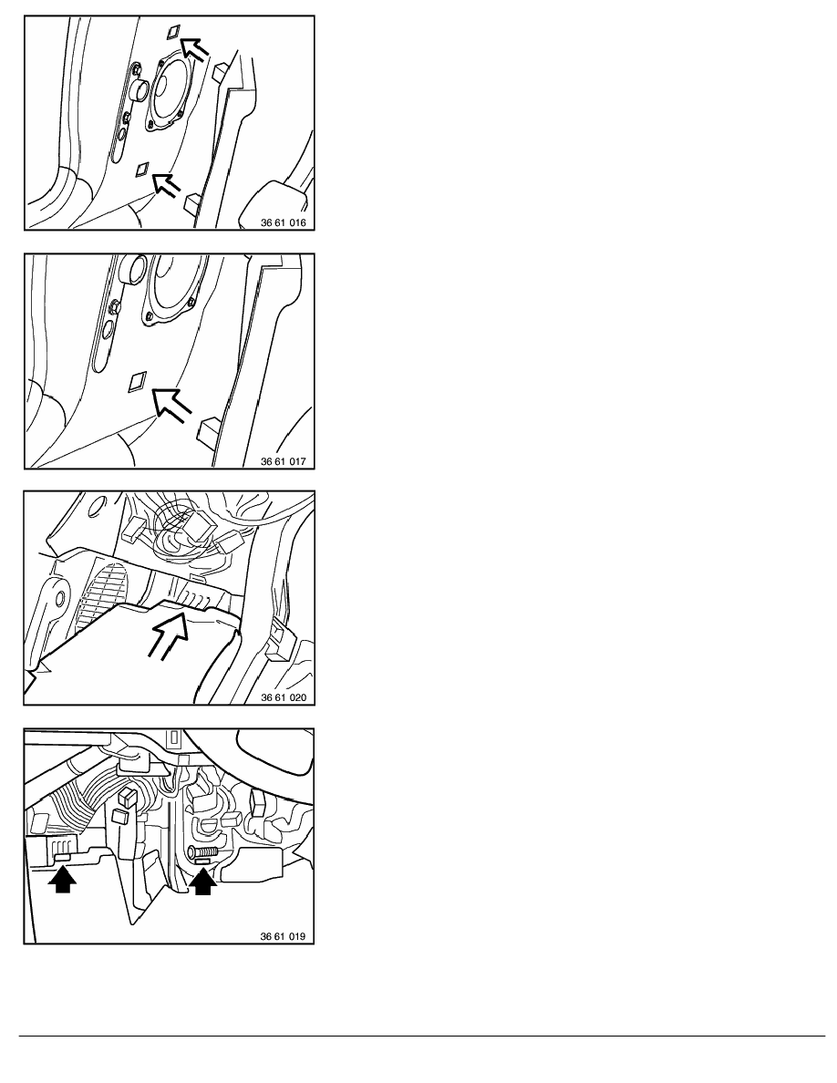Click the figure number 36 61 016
pos(284,223)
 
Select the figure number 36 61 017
pos(284,461)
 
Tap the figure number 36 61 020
pos(284,697)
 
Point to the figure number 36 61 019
pos(283,936)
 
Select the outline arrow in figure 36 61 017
pos(170,404)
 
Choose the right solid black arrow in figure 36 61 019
pos(202,881)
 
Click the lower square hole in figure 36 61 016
pos(144,169)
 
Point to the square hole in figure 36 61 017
pos(138,381)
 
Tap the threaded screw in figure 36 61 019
pos(202,851)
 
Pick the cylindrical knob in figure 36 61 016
pos(139,89)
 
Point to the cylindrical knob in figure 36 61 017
pos(132,269)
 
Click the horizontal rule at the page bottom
pos(422,1036)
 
